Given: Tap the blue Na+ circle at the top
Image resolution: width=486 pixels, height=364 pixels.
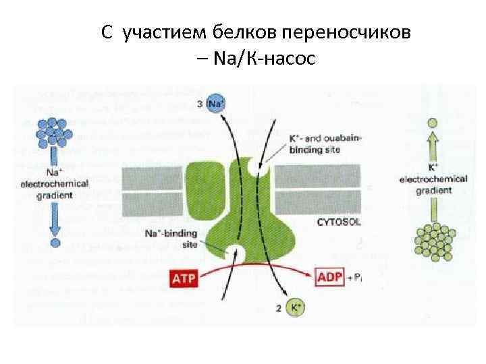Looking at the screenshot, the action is (216, 104).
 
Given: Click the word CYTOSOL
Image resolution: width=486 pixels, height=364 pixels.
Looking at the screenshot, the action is (340, 221).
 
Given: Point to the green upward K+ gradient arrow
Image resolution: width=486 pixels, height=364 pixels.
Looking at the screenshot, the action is (433, 147).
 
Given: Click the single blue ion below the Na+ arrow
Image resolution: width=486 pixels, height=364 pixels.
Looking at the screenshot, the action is (55, 242).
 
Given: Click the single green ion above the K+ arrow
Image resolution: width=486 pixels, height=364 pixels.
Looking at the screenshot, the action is (433, 123).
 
